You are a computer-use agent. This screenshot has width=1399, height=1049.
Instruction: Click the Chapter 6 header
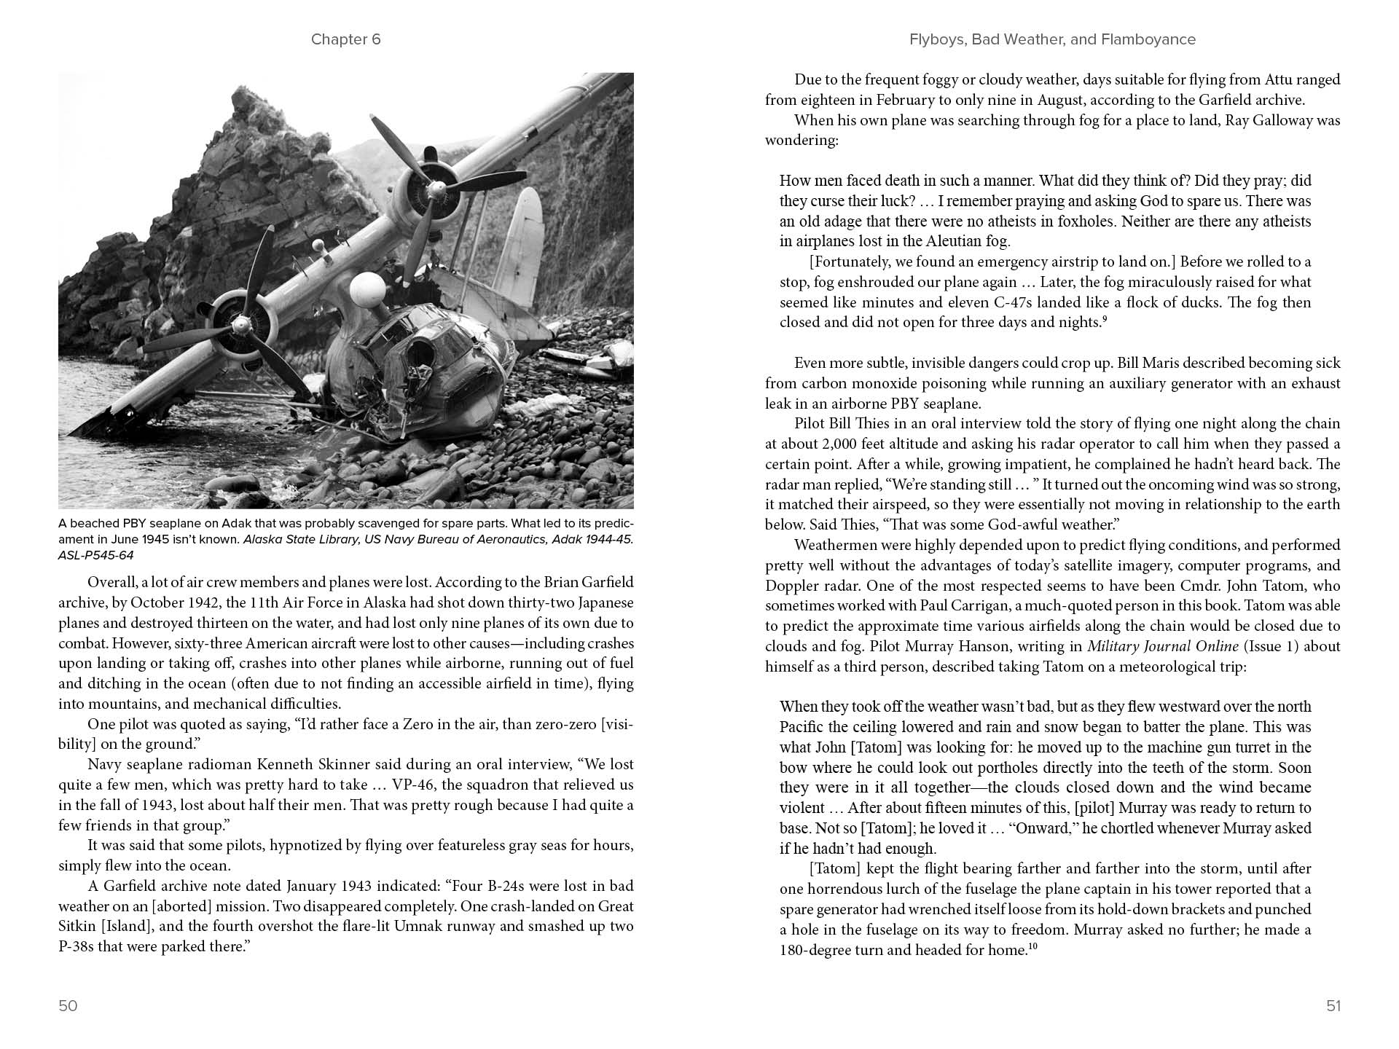(345, 39)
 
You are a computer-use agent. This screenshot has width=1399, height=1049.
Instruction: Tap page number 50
(68, 1006)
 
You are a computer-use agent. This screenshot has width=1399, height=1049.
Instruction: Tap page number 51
(1333, 1006)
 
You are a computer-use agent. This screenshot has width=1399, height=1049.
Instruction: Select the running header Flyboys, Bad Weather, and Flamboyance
(1052, 39)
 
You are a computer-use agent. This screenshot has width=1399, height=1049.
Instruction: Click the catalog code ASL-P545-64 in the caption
(96, 556)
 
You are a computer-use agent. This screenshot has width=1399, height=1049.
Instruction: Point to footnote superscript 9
(1105, 318)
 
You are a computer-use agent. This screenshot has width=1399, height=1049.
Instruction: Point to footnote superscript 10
(1032, 946)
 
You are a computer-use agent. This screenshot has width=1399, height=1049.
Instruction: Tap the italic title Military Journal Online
(1163, 646)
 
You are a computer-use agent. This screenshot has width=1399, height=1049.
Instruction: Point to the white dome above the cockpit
(367, 290)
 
